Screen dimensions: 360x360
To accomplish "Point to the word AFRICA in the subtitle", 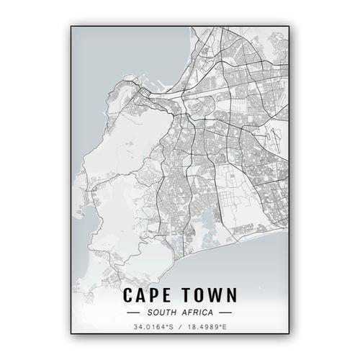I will tap(197, 312).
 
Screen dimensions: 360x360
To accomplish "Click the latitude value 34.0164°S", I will tap(153, 328).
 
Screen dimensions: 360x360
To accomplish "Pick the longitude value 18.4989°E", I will tap(207, 328).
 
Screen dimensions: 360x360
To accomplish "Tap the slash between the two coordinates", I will tap(180, 328).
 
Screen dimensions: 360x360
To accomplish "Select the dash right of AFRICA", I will tap(225, 313).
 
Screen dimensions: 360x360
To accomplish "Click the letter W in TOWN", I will tap(213, 295).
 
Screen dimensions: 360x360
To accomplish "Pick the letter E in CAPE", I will tap(170, 295).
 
